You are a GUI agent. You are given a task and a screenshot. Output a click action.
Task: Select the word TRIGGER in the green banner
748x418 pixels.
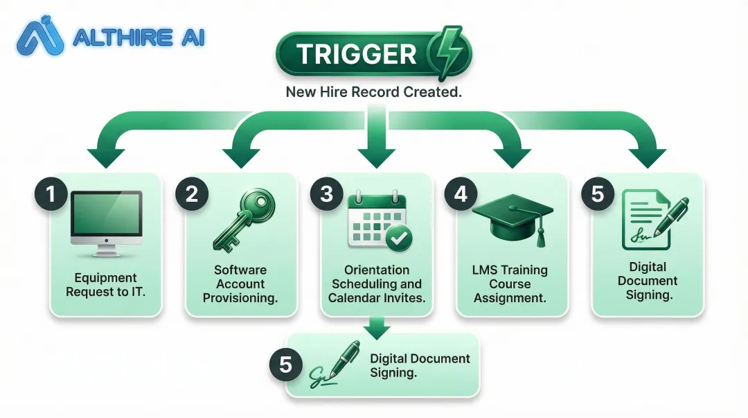(x=357, y=53)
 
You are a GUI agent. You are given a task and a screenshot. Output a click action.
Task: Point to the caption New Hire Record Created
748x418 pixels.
(x=374, y=92)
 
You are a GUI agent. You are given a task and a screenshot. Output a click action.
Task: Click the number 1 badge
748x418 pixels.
(x=51, y=194)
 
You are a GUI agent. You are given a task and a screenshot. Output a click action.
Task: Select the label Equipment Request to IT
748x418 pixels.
(x=105, y=284)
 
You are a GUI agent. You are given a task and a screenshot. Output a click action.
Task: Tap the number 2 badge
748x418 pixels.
(x=192, y=194)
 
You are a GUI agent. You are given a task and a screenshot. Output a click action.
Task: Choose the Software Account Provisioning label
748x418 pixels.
(x=240, y=284)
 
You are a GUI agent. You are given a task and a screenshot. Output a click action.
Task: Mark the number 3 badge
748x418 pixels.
(x=327, y=194)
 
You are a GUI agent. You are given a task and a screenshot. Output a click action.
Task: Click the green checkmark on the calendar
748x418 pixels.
(x=398, y=238)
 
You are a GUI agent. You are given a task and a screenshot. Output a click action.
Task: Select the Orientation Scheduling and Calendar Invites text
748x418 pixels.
(x=377, y=284)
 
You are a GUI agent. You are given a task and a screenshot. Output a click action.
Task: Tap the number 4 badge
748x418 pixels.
(x=461, y=194)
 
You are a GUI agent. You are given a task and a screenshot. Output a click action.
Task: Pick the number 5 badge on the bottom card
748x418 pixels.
(x=286, y=364)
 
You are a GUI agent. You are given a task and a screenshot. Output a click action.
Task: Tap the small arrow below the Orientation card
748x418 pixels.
(x=376, y=327)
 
